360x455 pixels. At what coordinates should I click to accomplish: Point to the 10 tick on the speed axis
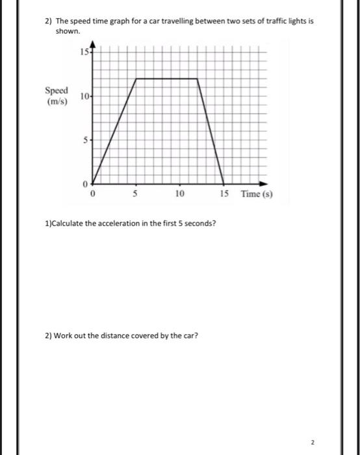point(85,96)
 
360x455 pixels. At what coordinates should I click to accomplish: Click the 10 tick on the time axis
point(180,194)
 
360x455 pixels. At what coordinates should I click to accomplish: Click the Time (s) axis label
point(257,194)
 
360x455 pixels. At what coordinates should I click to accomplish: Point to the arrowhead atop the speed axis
point(92,44)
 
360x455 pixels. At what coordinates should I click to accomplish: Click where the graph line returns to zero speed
point(225,183)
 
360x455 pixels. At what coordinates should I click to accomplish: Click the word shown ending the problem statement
point(67,31)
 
